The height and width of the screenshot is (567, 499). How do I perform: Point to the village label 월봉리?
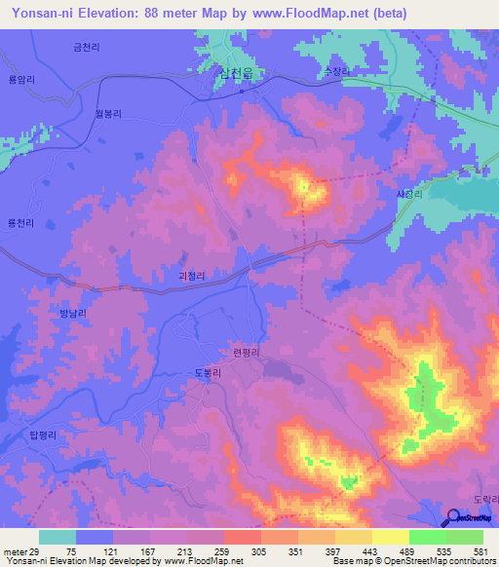pyautogui.click(x=107, y=114)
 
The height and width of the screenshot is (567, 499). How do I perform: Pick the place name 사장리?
pyautogui.click(x=408, y=194)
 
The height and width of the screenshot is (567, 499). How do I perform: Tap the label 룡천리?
pyautogui.click(x=21, y=222)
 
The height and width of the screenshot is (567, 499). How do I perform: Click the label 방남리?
pyautogui.click(x=73, y=313)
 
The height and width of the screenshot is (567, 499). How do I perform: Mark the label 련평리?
pyautogui.click(x=247, y=354)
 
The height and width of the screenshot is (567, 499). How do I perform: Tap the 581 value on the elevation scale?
pyautogui.click(x=482, y=550)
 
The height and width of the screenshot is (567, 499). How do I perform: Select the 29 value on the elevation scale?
pyautogui.click(x=38, y=550)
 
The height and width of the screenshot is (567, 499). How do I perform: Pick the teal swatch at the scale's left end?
pyautogui.click(x=58, y=537)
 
